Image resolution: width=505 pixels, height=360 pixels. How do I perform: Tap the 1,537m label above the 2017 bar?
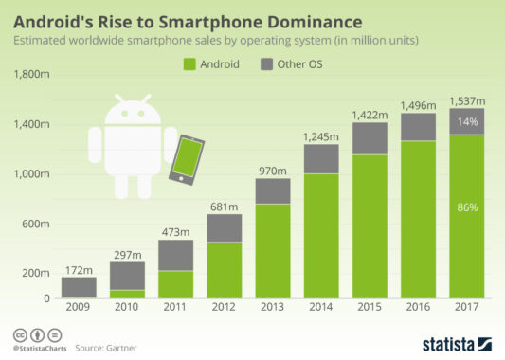click(x=466, y=100)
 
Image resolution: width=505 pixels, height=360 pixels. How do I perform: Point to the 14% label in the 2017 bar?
click(x=466, y=121)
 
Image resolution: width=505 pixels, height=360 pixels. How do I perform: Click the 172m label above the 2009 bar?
click(x=80, y=270)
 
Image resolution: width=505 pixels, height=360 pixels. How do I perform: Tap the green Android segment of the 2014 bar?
click(x=321, y=237)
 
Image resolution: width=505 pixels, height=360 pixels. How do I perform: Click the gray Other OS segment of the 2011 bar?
click(x=176, y=255)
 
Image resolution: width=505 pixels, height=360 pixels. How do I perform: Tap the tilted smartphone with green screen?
click(x=188, y=157)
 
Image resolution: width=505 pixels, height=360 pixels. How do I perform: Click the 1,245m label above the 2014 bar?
click(x=321, y=136)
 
